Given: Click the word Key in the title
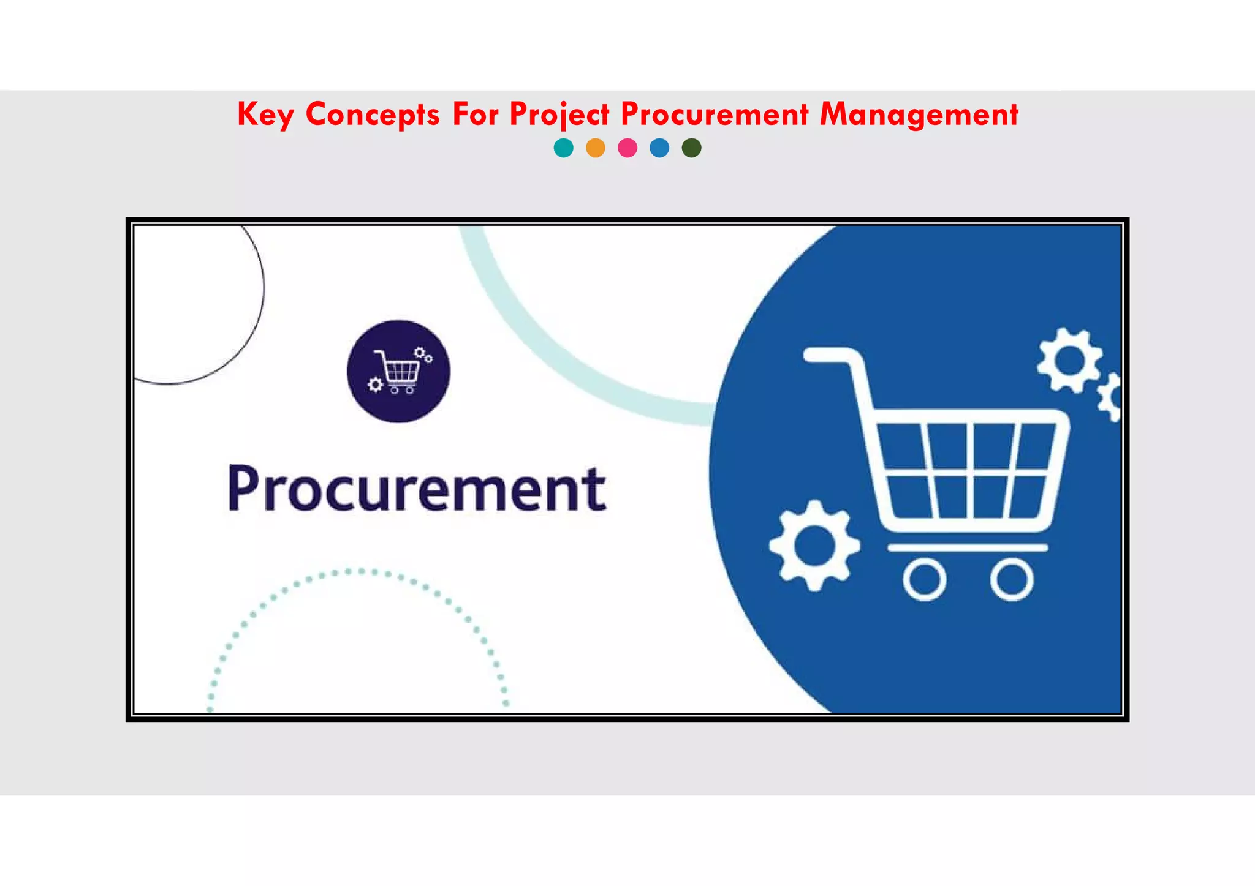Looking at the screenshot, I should point(265,115).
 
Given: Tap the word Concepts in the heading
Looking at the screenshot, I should point(373,115).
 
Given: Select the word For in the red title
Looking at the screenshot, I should point(475,115).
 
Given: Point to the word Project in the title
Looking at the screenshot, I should point(559,115).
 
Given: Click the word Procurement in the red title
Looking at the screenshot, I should point(715,115).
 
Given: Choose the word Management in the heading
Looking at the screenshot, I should point(919,115).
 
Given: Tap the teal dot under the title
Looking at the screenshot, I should point(563,148).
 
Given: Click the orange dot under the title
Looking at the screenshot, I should point(596,148).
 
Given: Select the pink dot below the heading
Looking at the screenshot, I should point(627,148).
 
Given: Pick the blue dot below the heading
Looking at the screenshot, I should point(659,148).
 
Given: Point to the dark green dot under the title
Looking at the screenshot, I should point(691,148).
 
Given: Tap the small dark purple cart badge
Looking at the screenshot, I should point(398,371).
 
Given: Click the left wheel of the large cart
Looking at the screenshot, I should point(924,579).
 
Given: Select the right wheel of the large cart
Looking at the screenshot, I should point(1012,579).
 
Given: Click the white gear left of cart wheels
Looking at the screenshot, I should point(814,546).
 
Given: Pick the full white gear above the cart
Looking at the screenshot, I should point(1069,360).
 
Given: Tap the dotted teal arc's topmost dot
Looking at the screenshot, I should point(361,571).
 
